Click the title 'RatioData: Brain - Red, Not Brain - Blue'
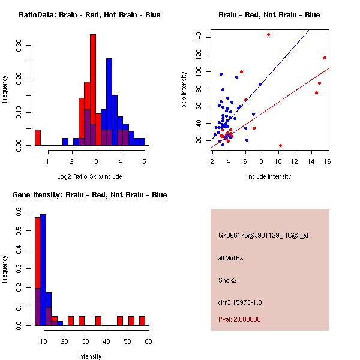pos(89,15)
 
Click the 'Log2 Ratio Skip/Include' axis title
pos(89,176)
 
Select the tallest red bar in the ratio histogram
pos(93,90)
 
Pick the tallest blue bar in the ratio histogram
pos(109,102)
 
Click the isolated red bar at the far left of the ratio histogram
pos(38,137)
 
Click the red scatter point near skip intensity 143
pos(268,34)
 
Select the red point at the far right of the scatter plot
pos(325,58)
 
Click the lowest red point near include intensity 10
pos(280,145)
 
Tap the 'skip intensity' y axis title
pos(185,90)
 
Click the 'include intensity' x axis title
pos(269,176)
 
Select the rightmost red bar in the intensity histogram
pos(142,320)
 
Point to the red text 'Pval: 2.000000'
pos(239,319)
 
